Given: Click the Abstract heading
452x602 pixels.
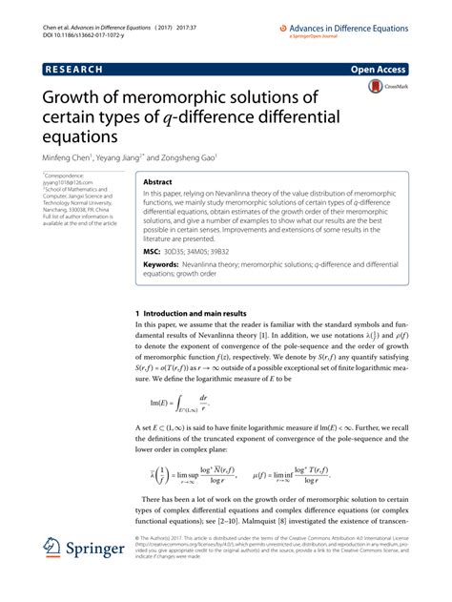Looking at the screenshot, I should pos(158,179).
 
